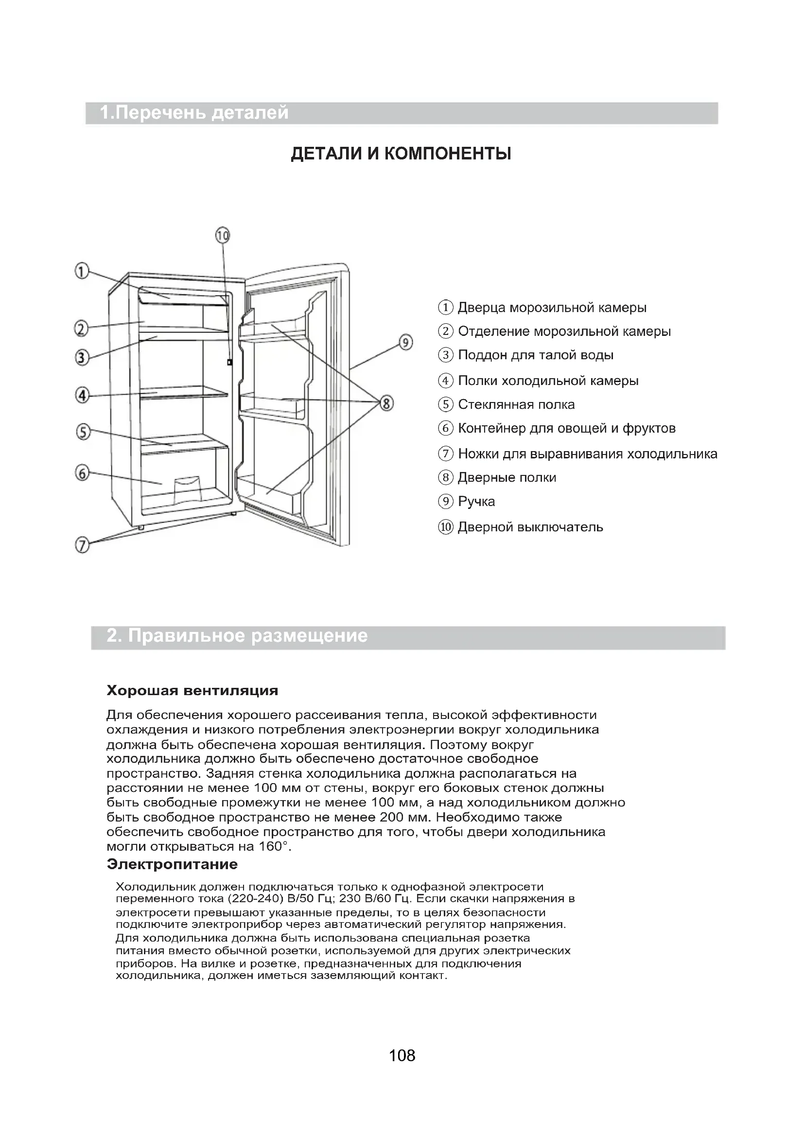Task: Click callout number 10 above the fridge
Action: tap(223, 235)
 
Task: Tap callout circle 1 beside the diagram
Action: tap(82, 271)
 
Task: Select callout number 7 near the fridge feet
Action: tap(82, 545)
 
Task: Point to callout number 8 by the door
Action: tap(385, 403)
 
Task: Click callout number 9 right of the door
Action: tap(405, 343)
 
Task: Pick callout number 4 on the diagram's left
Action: tap(82, 395)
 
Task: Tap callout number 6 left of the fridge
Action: tap(82, 473)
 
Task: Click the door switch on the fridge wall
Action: tap(229, 363)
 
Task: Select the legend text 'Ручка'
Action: tap(476, 502)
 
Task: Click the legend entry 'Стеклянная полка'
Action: tap(516, 404)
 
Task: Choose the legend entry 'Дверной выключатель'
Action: tap(530, 527)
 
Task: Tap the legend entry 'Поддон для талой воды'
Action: tap(535, 355)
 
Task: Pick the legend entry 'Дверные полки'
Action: tap(507, 478)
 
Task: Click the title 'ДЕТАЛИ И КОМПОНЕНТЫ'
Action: tap(401, 154)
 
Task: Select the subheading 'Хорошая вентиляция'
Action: tap(192, 690)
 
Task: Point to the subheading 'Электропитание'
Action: tap(172, 865)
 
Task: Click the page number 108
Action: tap(402, 1055)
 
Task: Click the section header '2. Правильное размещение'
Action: tap(237, 636)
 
